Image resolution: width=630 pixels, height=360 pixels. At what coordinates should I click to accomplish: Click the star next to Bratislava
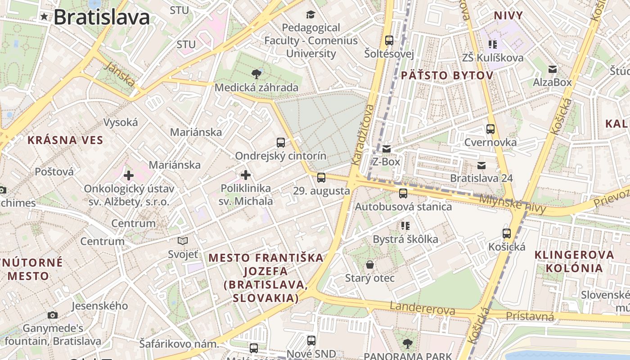[x=44, y=17]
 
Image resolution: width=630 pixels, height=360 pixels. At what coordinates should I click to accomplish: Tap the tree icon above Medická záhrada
[x=256, y=73]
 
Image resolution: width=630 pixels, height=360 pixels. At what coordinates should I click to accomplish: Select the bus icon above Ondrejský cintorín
[x=281, y=143]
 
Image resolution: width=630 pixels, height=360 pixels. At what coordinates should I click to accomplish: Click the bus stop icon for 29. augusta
[x=321, y=177]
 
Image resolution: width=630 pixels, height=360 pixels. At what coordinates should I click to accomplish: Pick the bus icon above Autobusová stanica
[x=403, y=193]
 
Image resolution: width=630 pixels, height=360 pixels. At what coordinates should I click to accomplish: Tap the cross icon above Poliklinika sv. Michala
[x=246, y=175]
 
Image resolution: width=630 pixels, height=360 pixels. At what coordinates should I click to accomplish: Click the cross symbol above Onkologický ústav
[x=129, y=175]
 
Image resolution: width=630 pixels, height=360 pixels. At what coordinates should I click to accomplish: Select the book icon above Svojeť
[x=183, y=241]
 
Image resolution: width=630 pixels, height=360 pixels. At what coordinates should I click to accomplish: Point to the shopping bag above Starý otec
[x=369, y=264]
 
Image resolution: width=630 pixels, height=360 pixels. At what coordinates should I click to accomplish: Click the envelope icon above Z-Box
[x=386, y=148]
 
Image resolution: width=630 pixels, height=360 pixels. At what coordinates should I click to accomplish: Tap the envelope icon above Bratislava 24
[x=481, y=165]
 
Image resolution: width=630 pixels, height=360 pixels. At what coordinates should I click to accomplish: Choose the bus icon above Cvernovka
[x=490, y=129]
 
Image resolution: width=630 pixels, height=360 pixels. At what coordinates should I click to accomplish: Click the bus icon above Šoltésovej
[x=389, y=40]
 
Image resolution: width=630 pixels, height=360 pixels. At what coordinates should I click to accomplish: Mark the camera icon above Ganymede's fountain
[x=53, y=315]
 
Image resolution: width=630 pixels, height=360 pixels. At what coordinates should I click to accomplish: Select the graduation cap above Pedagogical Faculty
[x=310, y=14]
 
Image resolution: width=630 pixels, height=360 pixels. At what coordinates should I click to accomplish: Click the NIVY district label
[x=508, y=16]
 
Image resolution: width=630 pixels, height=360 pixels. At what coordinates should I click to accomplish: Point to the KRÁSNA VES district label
[x=65, y=140]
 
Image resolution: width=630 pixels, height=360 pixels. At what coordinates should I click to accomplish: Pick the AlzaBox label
[x=552, y=82]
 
